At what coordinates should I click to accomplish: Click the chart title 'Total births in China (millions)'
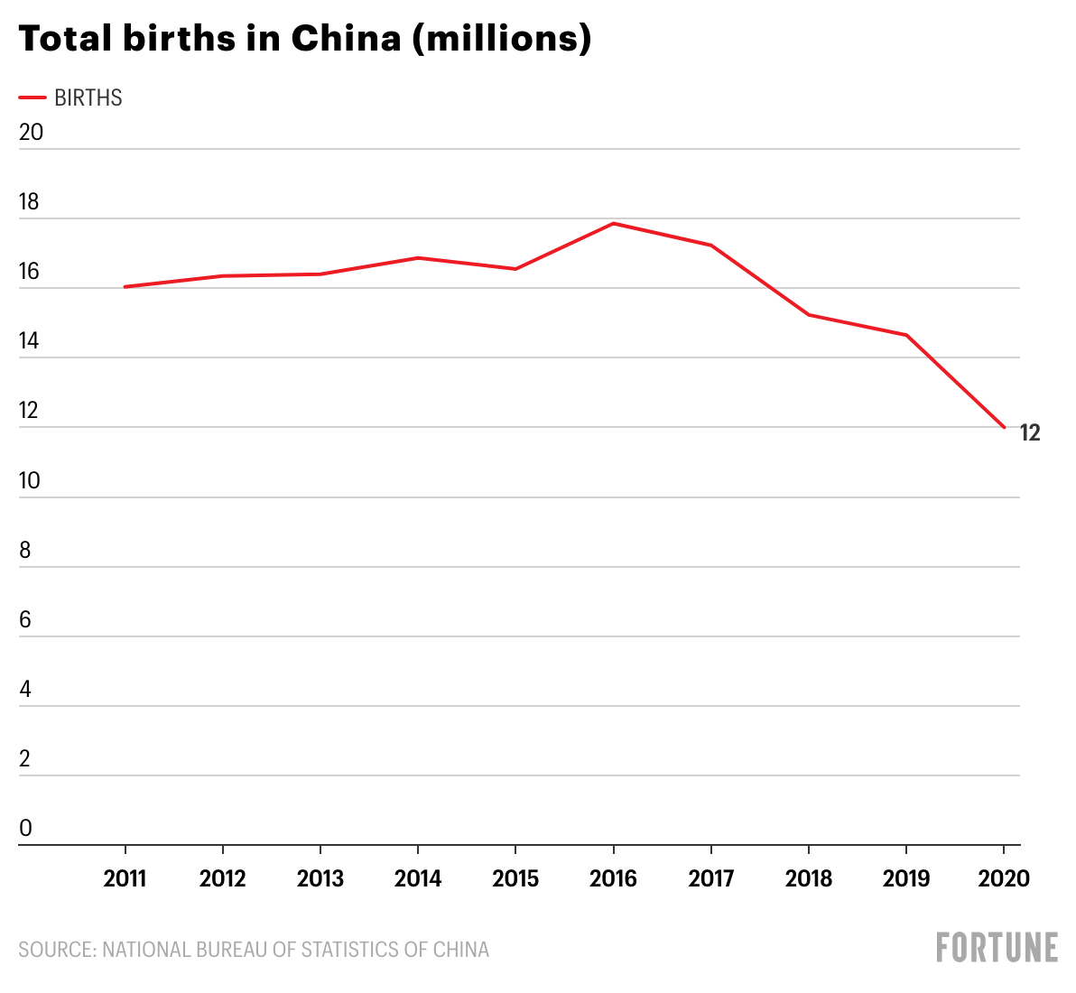[305, 38]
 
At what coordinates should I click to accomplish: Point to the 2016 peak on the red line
[614, 223]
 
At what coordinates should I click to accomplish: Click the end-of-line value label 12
[1030, 433]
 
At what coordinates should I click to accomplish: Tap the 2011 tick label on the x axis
[125, 878]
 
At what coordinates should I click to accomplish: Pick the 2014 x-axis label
[418, 878]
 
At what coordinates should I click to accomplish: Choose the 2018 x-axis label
[808, 878]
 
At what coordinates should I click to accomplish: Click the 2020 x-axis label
[1004, 878]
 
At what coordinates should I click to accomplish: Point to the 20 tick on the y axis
[31, 132]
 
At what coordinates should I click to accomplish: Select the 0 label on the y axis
[25, 828]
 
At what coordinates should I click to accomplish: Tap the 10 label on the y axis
[30, 480]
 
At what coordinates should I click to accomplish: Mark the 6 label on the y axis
[25, 619]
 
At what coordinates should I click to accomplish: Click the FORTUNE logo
[997, 948]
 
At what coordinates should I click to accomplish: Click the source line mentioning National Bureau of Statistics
[254, 950]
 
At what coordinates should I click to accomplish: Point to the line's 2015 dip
[515, 269]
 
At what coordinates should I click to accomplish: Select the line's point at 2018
[808, 315]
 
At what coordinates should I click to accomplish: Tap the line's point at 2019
[905, 335]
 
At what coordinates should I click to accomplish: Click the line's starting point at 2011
[125, 287]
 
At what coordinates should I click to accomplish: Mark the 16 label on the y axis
[30, 272]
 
